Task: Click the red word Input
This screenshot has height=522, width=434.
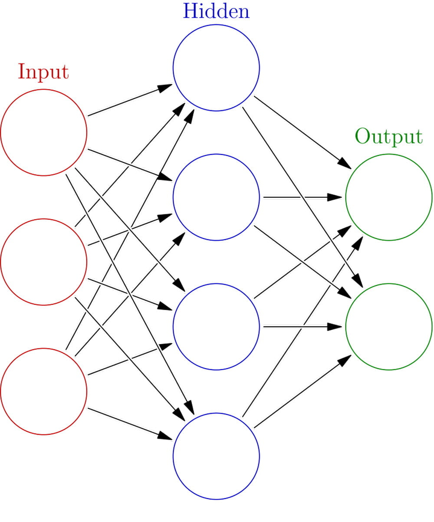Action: (43, 72)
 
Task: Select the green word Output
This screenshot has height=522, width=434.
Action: (388, 136)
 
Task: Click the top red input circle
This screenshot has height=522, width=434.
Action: (43, 132)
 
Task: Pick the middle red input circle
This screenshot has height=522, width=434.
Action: (43, 262)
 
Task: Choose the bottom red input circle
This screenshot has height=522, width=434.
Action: (43, 391)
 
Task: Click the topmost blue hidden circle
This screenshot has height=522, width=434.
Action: (216, 68)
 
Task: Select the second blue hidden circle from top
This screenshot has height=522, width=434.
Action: (216, 197)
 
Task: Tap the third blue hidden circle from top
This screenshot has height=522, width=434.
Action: (216, 326)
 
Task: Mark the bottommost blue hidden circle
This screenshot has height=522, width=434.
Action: (216, 456)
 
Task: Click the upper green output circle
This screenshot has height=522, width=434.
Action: (388, 197)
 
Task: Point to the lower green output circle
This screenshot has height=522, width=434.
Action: (388, 326)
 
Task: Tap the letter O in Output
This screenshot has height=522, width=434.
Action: (363, 136)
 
